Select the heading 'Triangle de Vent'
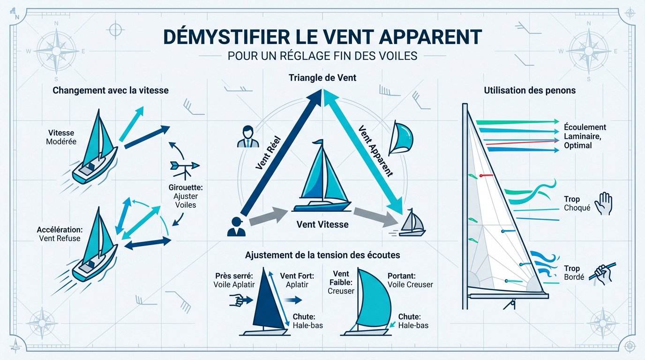322,78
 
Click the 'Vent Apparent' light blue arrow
363,150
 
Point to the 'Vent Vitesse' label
322,225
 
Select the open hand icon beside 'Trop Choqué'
603,204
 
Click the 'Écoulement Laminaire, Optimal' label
584,136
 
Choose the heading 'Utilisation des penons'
530,90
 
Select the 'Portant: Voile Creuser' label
410,280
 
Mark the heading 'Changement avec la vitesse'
111,90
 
